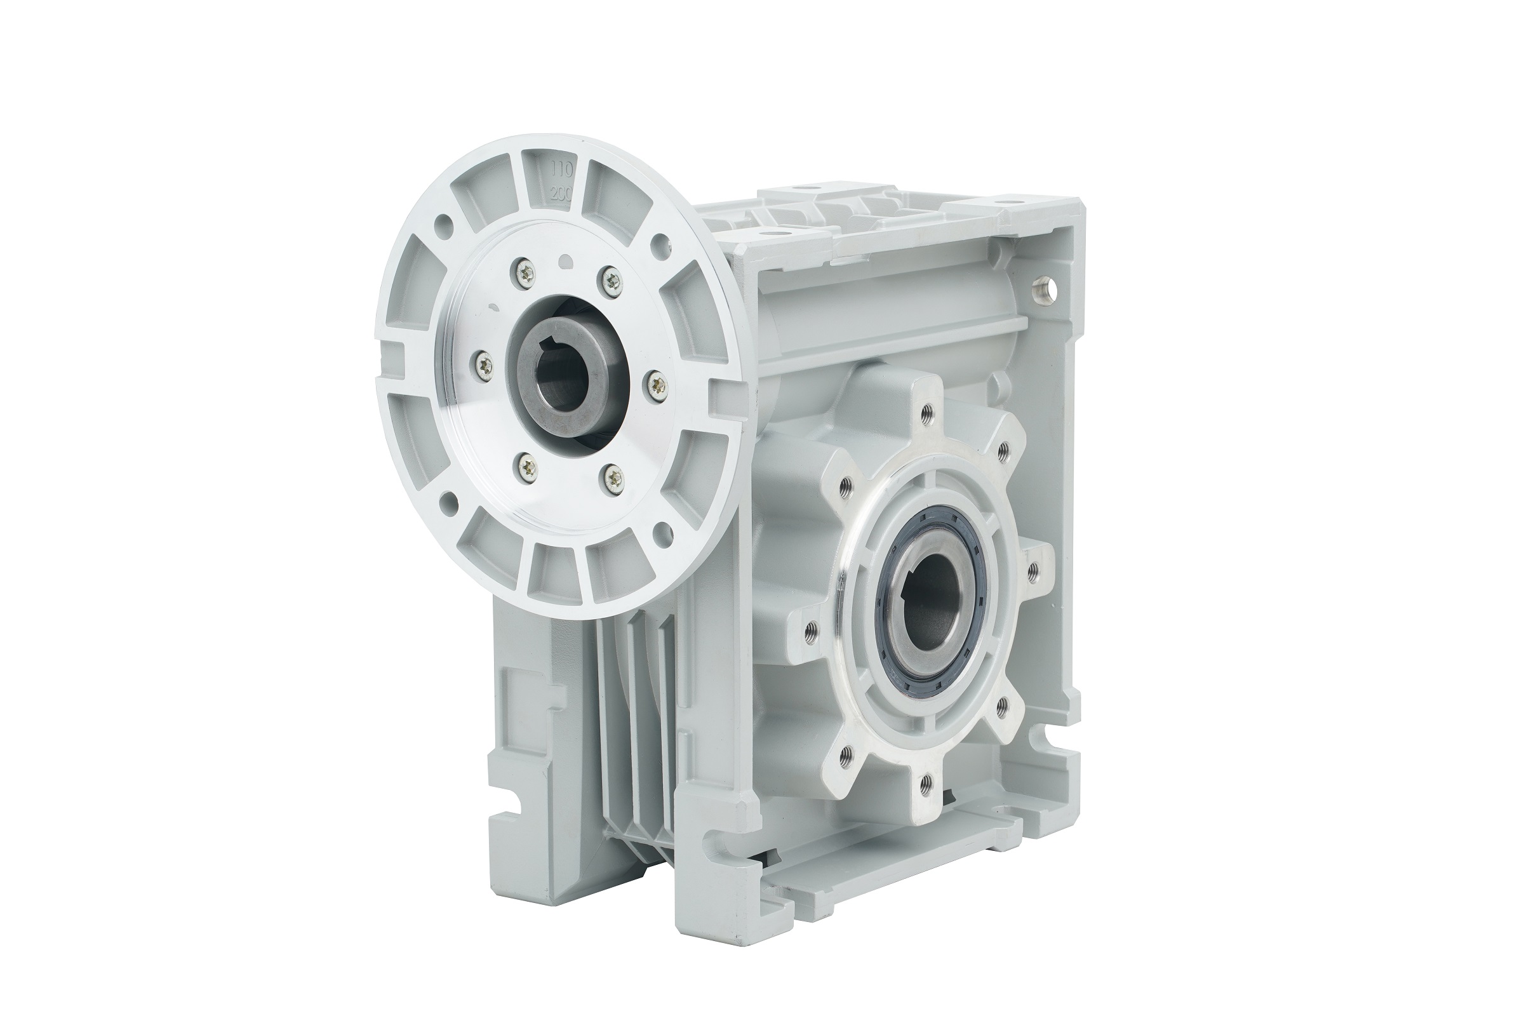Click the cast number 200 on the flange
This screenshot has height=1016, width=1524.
559,193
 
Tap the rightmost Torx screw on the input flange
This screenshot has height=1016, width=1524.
657,385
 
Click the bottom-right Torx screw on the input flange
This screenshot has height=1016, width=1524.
612,479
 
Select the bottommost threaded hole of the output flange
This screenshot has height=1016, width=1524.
926,785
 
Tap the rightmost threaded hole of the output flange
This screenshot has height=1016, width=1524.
1033,570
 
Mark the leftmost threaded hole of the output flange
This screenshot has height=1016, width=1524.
808,630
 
